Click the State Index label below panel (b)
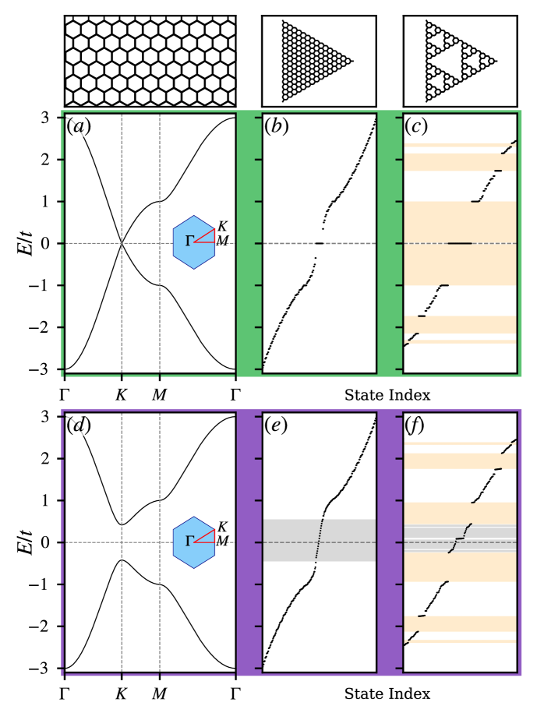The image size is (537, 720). [x=387, y=395]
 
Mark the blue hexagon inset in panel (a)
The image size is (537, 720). [x=194, y=242]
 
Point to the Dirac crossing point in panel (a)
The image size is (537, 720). [x=122, y=243]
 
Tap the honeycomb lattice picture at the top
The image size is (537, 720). [x=150, y=61]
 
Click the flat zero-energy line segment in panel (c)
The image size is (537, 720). [x=459, y=243]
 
